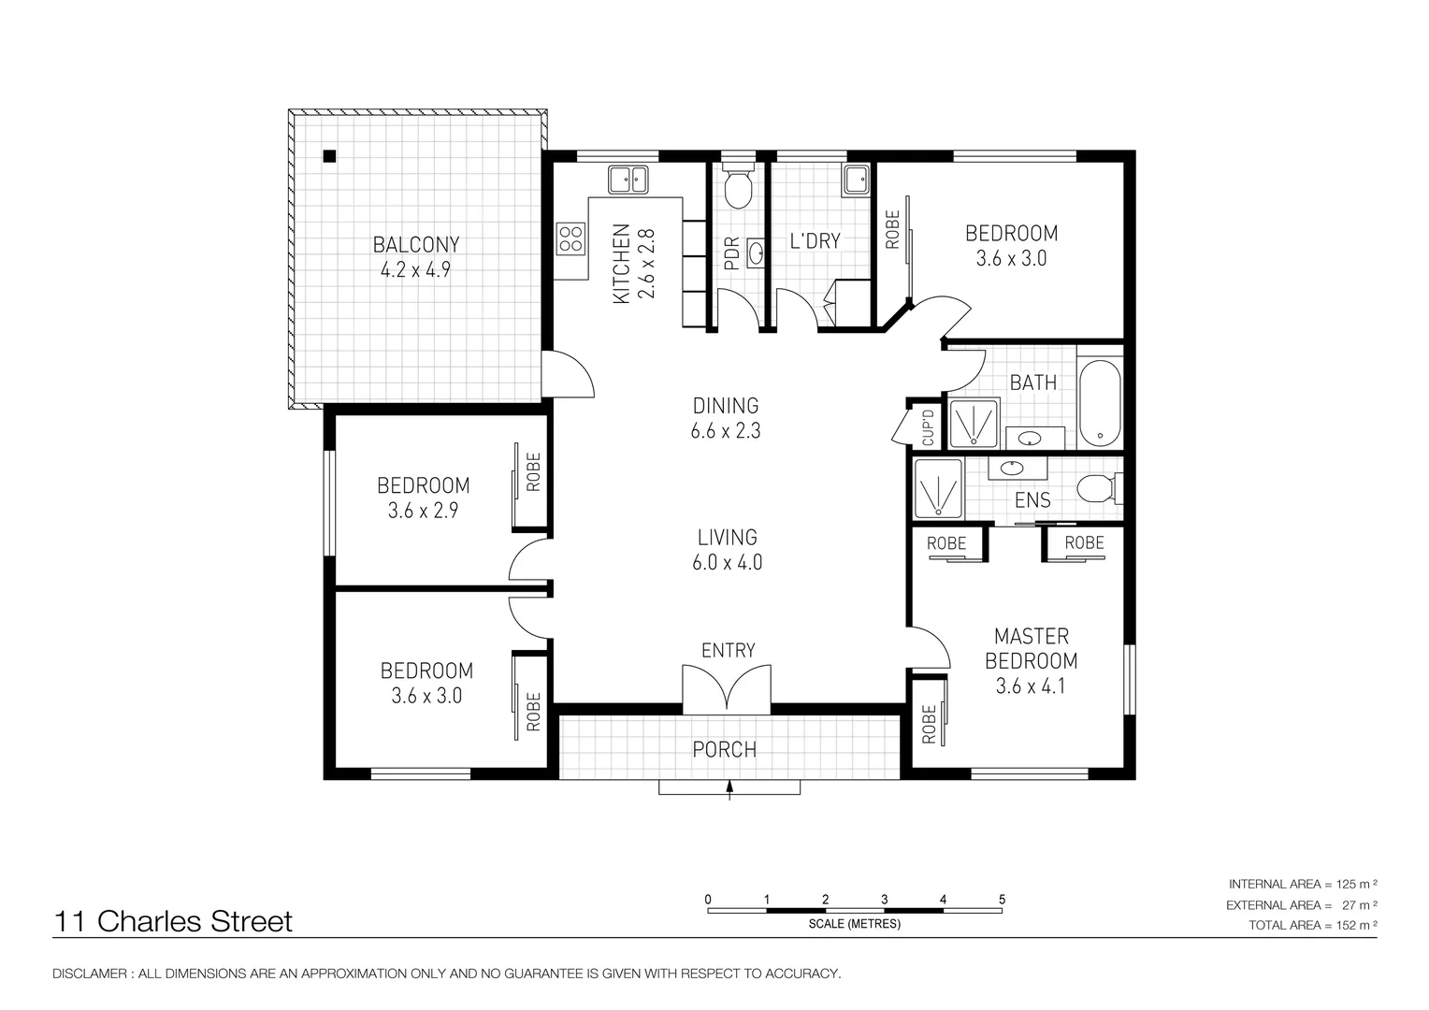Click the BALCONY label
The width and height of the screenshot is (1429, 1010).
click(x=416, y=245)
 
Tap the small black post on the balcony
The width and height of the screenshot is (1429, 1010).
click(x=329, y=156)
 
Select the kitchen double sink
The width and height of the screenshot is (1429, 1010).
click(x=628, y=179)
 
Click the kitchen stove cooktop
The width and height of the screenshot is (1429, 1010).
click(x=570, y=239)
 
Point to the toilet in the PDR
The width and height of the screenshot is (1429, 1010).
click(x=739, y=188)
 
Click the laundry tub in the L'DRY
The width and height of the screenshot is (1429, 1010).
click(x=856, y=179)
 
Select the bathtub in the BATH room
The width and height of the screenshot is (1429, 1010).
click(x=1100, y=404)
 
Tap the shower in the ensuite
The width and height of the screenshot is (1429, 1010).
click(x=938, y=488)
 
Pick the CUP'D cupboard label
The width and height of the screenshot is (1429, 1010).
click(x=928, y=426)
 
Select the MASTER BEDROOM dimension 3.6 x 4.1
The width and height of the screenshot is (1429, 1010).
click(x=1031, y=686)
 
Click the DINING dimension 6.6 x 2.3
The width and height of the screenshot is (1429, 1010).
click(x=726, y=431)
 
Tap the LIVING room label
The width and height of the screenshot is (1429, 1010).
click(x=727, y=537)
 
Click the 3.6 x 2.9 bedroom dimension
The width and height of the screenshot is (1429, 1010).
click(x=423, y=511)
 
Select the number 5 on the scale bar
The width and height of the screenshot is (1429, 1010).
click(x=1002, y=900)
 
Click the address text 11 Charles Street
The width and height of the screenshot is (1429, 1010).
click(x=174, y=921)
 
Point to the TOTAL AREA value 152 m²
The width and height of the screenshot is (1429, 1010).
click(x=1357, y=926)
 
